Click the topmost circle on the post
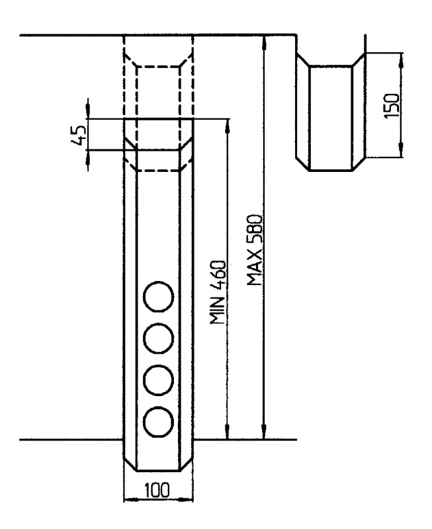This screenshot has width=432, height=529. [159, 296]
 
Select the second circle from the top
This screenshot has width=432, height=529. [159, 338]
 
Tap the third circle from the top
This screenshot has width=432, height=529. [159, 379]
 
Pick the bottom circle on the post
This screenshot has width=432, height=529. [159, 421]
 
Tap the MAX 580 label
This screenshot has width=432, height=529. [255, 249]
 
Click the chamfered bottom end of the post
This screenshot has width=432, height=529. [159, 463]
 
